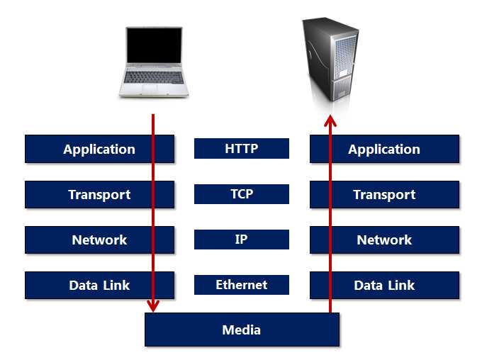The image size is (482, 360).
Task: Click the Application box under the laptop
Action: click(99, 149)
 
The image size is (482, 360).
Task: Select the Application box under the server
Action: click(384, 149)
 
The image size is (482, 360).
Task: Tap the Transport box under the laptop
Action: click(99, 194)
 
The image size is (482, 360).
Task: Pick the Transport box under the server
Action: click(384, 194)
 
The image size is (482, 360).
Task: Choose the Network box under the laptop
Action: click(99, 240)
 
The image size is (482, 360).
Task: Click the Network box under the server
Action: click(384, 240)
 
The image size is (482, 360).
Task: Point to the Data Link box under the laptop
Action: click(99, 285)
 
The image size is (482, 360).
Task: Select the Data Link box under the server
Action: click(384, 285)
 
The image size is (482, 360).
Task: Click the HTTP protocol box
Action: click(242, 148)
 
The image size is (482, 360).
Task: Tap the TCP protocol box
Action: click(242, 193)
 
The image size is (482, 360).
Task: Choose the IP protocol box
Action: click(242, 239)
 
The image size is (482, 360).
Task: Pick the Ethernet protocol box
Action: click(242, 284)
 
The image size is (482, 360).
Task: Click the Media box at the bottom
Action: click(242, 330)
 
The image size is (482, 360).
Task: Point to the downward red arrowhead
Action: click(152, 305)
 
